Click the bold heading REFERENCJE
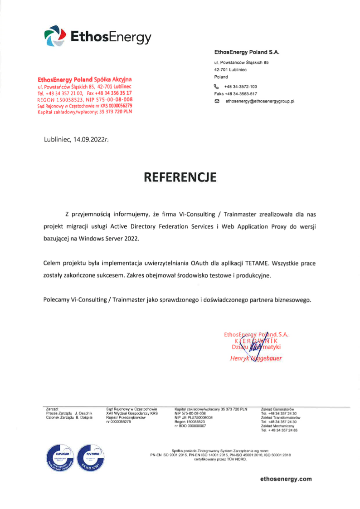[x=180, y=177]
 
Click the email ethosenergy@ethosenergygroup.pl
[x=260, y=101]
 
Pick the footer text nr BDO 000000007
[x=187, y=426]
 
